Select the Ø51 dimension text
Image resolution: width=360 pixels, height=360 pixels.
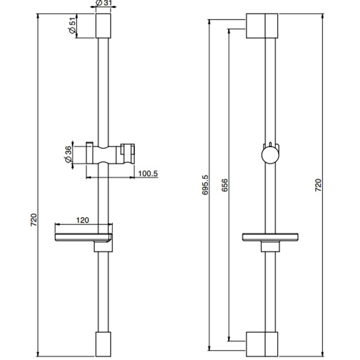[x=72, y=26]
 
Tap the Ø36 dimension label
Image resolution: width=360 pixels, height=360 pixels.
[x=69, y=155]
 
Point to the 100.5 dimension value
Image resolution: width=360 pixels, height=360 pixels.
[x=148, y=174]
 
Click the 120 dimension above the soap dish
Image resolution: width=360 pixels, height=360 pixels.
[x=82, y=220]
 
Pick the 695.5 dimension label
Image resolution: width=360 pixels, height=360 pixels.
[x=205, y=185]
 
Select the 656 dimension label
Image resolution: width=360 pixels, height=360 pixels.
[x=225, y=185]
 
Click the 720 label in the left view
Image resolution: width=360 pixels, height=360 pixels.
[x=34, y=220]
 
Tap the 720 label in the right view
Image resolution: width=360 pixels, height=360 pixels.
[x=318, y=185]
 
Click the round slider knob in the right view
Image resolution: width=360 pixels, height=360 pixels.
[x=270, y=155]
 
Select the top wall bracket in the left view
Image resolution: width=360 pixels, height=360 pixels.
[x=103, y=26]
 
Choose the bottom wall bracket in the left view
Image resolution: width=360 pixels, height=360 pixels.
[x=103, y=344]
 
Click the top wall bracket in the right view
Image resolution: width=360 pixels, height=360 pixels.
[x=262, y=26]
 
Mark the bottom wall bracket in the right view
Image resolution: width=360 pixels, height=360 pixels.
[x=262, y=345]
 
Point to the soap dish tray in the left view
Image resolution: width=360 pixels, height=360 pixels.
[x=83, y=237]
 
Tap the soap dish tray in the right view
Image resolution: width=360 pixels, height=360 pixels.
[x=270, y=237]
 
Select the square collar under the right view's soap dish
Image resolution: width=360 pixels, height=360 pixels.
[x=270, y=247]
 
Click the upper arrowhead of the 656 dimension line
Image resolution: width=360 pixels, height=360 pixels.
[x=229, y=31]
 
